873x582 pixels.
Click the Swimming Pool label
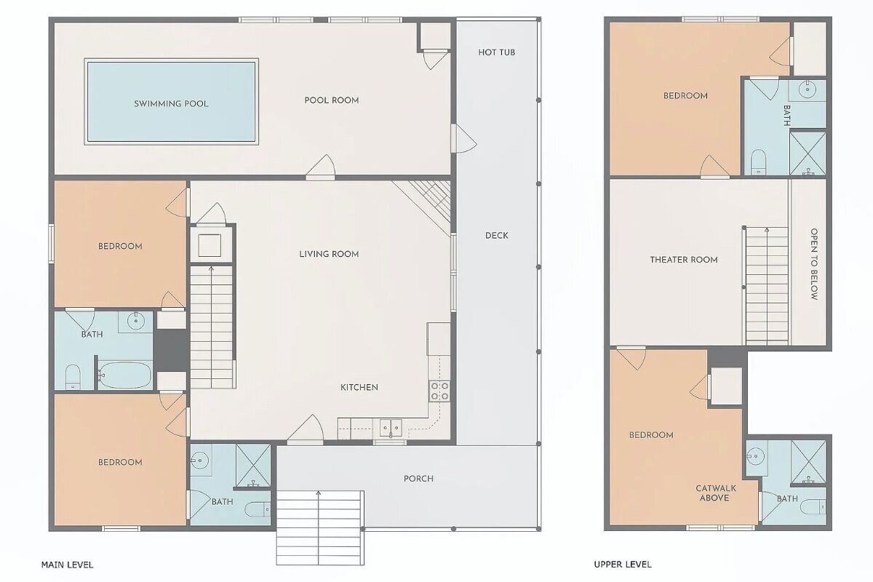pyautogui.click(x=171, y=104)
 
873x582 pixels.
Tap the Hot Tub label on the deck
pyautogui.click(x=496, y=52)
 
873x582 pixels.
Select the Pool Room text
pyautogui.click(x=332, y=100)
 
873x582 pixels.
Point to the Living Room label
pyautogui.click(x=329, y=254)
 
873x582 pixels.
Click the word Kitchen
pyautogui.click(x=359, y=387)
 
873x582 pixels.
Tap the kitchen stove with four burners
pyautogui.click(x=439, y=391)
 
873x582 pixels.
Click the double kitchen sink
pyautogui.click(x=391, y=428)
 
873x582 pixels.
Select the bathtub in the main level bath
pyautogui.click(x=124, y=375)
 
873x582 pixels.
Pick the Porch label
pyautogui.click(x=418, y=478)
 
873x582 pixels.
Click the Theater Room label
pyautogui.click(x=684, y=260)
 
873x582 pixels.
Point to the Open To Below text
pyautogui.click(x=814, y=264)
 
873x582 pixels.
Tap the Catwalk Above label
pyautogui.click(x=716, y=493)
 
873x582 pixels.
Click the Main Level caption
pyautogui.click(x=67, y=565)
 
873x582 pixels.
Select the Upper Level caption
pyautogui.click(x=623, y=564)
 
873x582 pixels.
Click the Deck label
pyautogui.click(x=496, y=236)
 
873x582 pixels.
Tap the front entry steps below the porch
pyautogui.click(x=320, y=527)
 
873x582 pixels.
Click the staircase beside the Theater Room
pyautogui.click(x=767, y=286)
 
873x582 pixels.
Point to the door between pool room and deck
pyautogui.click(x=463, y=138)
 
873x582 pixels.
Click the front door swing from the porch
pyautogui.click(x=306, y=428)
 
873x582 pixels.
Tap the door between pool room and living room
pyautogui.click(x=320, y=167)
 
